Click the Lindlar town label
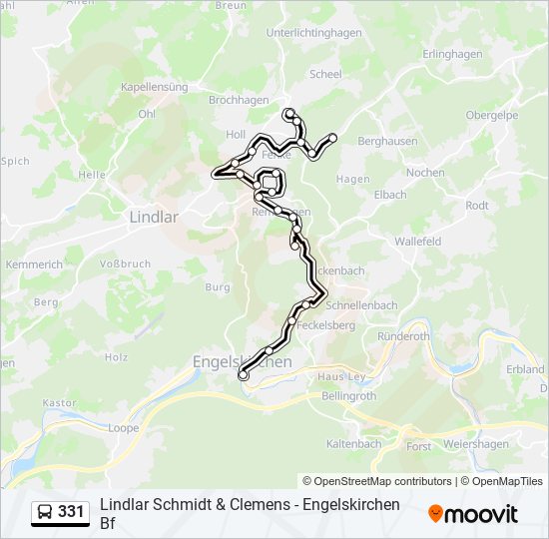click(x=154, y=216)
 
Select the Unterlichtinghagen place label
click(x=313, y=32)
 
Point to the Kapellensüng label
click(x=155, y=88)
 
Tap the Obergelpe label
click(x=491, y=115)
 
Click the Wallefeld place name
click(x=417, y=242)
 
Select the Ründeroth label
click(x=405, y=336)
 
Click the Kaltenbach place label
click(x=354, y=443)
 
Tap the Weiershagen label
click(x=475, y=445)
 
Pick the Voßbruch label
click(x=125, y=265)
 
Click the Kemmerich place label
click(x=34, y=265)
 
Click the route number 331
click(x=71, y=512)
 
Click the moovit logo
click(x=473, y=514)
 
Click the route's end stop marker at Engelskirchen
click(x=243, y=376)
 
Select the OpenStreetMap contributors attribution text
click(x=377, y=481)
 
